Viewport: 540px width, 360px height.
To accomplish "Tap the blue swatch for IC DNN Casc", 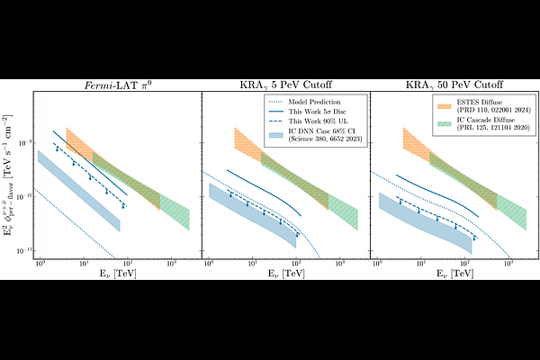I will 277,136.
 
